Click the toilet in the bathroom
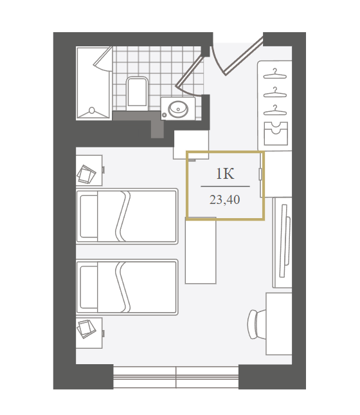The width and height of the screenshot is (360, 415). (137, 93)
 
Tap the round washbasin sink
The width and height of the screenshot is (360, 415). (179, 109)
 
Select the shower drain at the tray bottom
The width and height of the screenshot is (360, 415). (92, 110)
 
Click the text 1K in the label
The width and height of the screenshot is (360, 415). (225, 174)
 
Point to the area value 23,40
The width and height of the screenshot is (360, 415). (225, 199)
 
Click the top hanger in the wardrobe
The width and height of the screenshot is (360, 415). (275, 74)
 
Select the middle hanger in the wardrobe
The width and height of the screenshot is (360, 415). (275, 93)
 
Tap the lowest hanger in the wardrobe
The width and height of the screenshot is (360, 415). (275, 111)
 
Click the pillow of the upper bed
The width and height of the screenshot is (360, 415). (89, 216)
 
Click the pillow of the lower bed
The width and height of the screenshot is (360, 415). (89, 287)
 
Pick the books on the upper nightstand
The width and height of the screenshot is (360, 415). (86, 174)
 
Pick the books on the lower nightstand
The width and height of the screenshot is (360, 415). (86, 329)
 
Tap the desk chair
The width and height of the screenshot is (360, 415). (256, 324)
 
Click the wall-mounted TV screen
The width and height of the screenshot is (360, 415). (283, 241)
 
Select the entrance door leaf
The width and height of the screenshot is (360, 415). (243, 56)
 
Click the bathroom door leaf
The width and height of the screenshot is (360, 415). (190, 71)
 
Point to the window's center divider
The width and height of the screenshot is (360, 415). (176, 377)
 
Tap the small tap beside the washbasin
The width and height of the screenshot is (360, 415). (165, 115)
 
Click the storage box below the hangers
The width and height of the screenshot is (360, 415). (276, 133)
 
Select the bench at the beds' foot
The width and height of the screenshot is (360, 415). (201, 250)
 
